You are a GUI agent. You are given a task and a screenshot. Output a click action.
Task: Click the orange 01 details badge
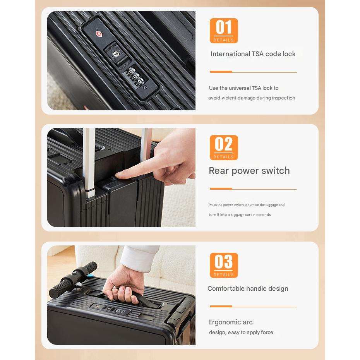point(224,31)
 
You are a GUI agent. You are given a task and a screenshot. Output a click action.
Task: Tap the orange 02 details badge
point(224,147)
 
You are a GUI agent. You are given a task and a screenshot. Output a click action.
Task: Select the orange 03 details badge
point(224,265)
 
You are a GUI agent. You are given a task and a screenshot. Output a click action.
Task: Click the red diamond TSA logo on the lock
point(99,34)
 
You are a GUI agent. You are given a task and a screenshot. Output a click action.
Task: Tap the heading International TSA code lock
point(253,54)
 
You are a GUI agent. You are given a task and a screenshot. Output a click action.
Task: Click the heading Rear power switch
point(249,171)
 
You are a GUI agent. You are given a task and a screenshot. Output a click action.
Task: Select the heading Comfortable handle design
point(248,289)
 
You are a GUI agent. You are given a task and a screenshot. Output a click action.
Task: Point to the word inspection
point(283,98)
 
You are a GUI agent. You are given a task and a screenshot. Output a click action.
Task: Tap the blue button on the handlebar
point(91,276)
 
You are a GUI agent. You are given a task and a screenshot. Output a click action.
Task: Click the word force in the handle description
point(267,333)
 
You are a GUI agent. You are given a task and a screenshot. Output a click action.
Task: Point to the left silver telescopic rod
point(89,162)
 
